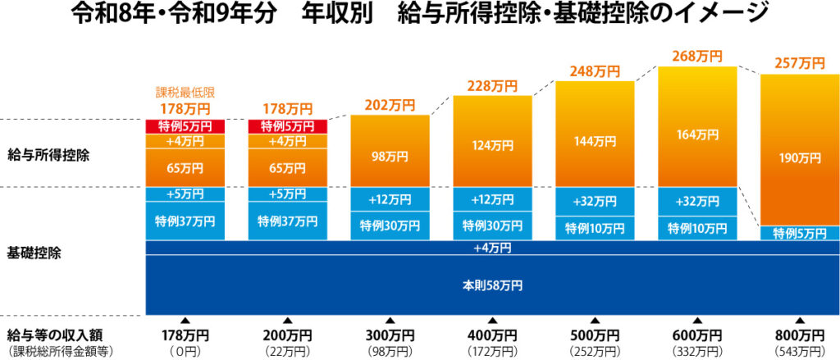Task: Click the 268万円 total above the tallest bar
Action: (x=697, y=57)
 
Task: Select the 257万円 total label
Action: (x=800, y=63)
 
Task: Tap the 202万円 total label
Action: (x=390, y=105)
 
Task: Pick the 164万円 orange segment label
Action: (x=697, y=134)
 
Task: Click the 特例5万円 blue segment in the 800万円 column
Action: (x=800, y=234)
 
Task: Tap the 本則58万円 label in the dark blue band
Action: (x=492, y=285)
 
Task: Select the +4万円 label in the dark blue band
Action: (x=492, y=248)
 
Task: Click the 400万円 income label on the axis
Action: (x=492, y=336)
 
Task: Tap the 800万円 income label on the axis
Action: (x=800, y=336)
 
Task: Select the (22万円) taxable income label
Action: (x=287, y=351)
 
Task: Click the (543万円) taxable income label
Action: (x=800, y=351)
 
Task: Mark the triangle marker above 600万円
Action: (x=697, y=321)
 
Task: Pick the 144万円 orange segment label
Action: (x=595, y=141)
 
